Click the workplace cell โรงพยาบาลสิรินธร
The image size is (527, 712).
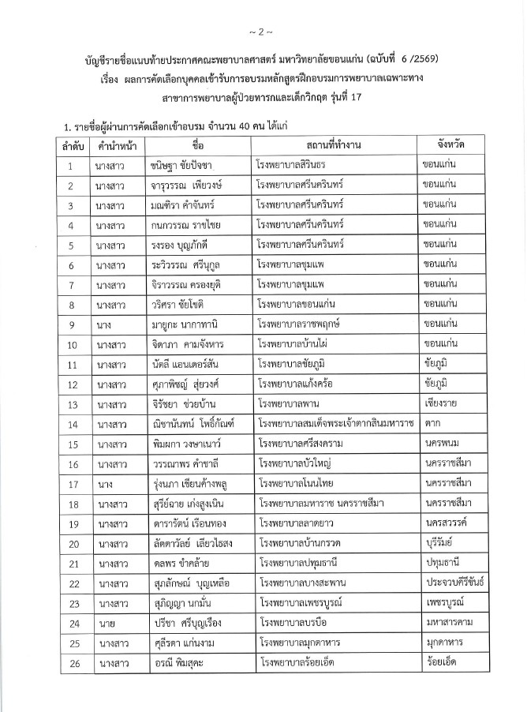click(x=292, y=167)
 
